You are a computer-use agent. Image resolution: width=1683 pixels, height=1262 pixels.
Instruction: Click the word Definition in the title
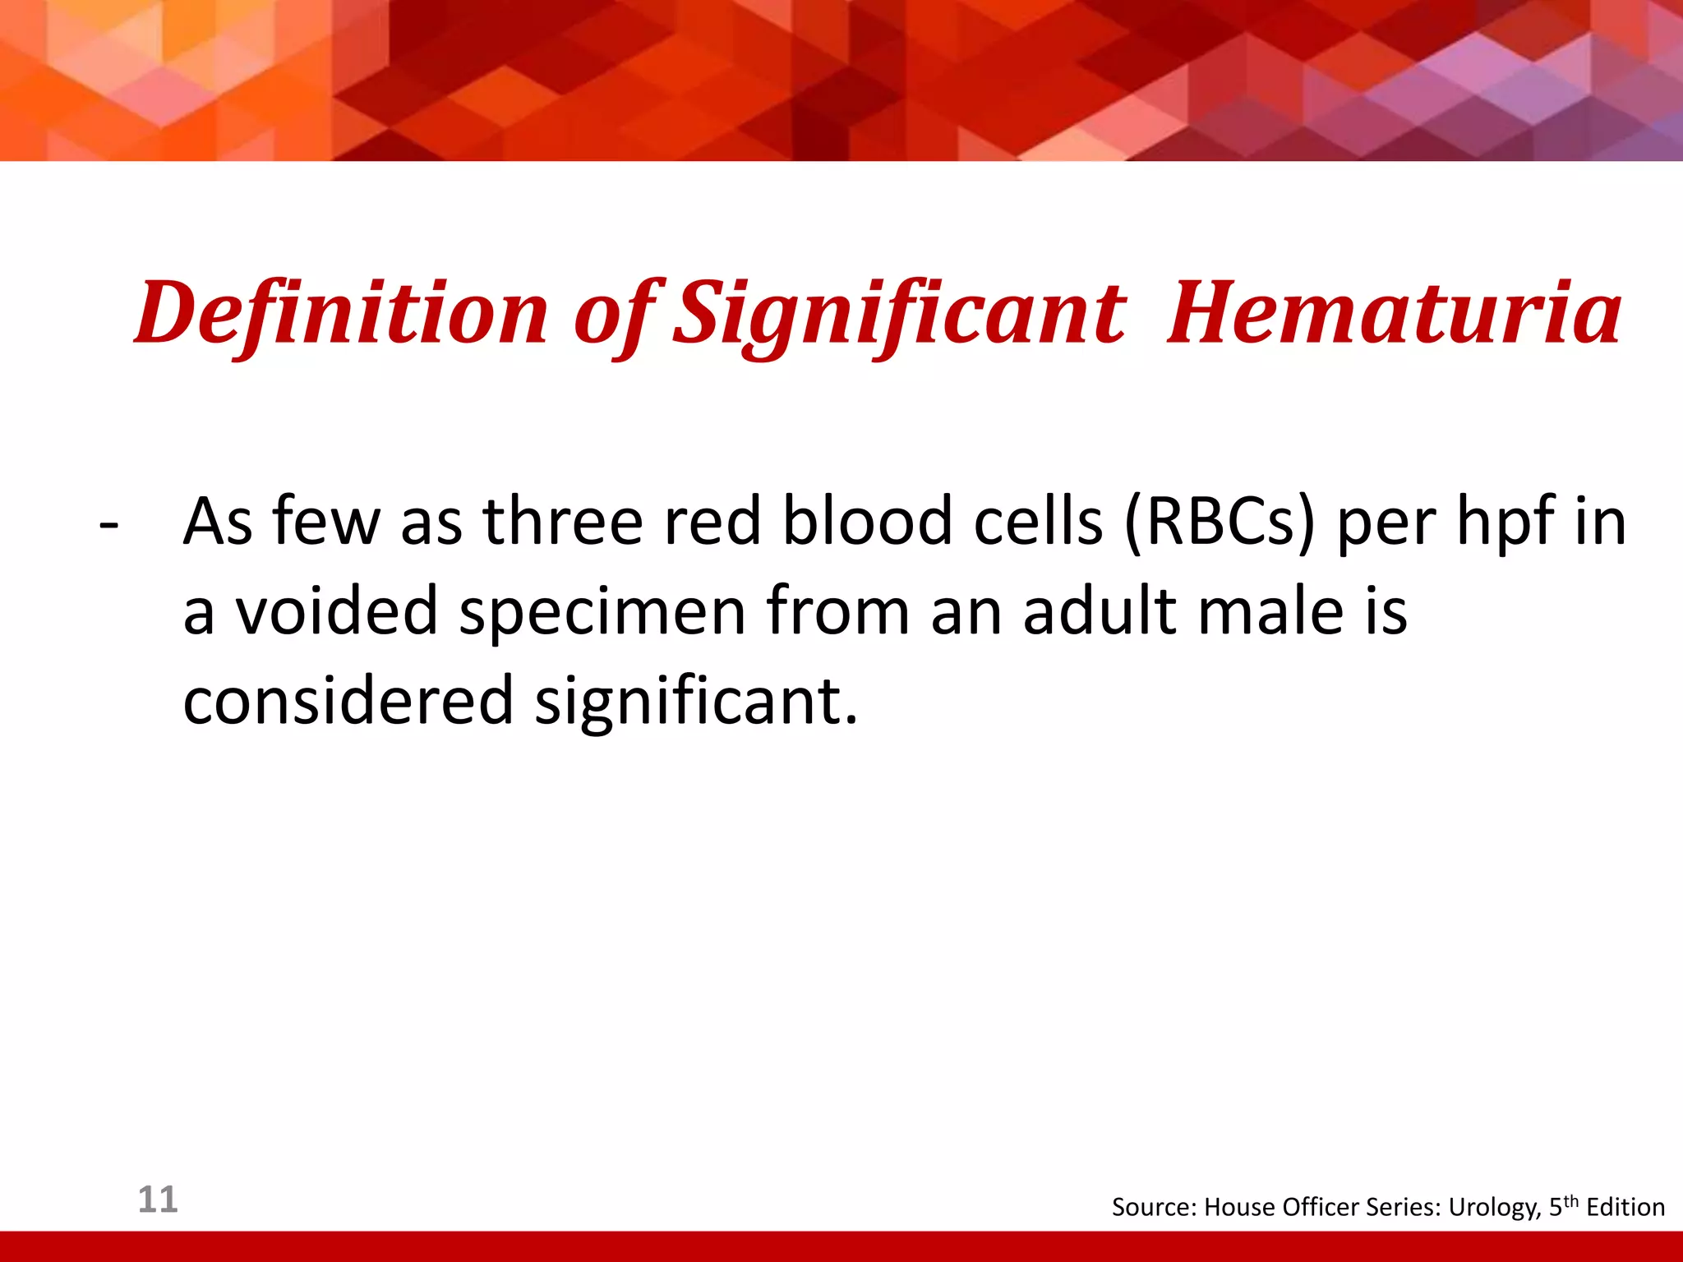coord(341,313)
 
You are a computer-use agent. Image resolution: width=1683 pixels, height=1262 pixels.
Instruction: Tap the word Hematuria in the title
coord(1394,313)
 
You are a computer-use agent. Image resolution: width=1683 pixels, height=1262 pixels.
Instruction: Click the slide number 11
coord(158,1200)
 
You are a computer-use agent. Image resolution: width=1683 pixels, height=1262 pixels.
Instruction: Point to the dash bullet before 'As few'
coord(108,523)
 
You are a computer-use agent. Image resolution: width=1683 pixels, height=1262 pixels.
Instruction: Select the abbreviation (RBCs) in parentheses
coord(1220,522)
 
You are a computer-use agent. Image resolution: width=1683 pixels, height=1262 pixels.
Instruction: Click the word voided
coord(337,611)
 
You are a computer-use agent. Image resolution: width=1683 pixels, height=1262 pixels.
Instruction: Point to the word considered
coord(348,701)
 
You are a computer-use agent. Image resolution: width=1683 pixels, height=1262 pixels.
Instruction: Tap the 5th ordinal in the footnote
coord(1563,1206)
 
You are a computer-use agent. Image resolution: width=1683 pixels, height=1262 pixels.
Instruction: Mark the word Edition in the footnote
coord(1625,1207)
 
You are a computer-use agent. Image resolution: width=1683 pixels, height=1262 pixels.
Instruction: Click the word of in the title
coord(613,315)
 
